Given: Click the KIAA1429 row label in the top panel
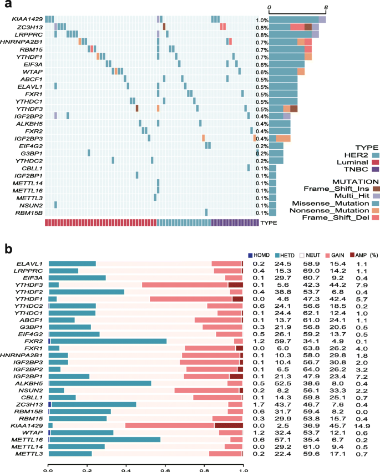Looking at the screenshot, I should [x=28, y=20].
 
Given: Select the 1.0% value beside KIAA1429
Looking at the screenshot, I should [x=262, y=20].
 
